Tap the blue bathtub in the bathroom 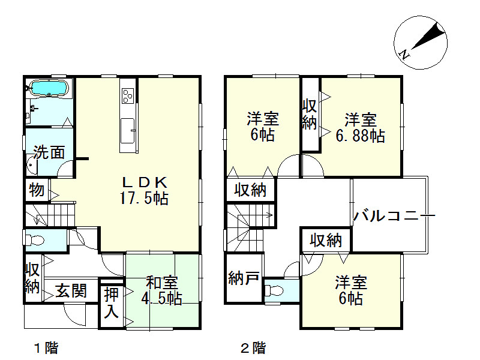click(x=49, y=89)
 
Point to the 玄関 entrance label click(x=71, y=292)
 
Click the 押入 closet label click(x=112, y=303)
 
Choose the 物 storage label click(x=36, y=191)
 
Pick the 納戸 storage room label click(x=244, y=278)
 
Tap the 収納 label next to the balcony click(x=326, y=241)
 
